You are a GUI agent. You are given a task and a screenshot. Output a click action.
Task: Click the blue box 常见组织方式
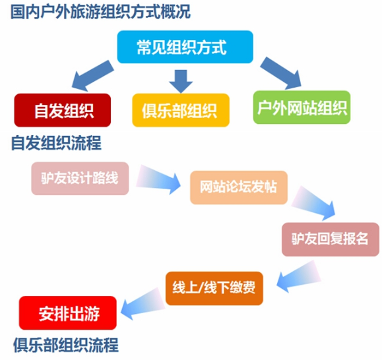click(185, 47)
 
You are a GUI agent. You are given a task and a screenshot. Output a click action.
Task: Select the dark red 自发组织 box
click(63, 110)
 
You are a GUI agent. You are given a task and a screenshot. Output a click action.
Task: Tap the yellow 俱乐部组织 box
click(181, 110)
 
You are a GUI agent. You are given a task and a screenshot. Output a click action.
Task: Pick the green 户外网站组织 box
click(302, 107)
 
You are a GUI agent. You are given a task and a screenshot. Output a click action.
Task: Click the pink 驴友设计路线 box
click(80, 179)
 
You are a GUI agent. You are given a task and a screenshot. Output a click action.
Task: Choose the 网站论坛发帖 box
click(239, 187)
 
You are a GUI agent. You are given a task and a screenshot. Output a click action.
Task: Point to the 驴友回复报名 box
click(331, 239)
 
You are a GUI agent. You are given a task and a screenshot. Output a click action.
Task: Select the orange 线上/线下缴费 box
click(214, 288)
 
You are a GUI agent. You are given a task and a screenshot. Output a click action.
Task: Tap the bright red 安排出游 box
click(68, 313)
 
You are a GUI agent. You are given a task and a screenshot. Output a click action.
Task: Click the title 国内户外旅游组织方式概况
click(100, 11)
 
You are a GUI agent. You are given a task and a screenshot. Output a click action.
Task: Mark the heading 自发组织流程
click(56, 143)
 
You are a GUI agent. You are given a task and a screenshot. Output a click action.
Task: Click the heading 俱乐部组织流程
click(66, 345)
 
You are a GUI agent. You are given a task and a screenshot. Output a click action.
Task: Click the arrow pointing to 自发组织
click(93, 75)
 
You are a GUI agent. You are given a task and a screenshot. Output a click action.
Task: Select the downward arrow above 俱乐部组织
click(181, 81)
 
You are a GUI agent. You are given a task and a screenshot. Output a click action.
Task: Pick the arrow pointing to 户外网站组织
click(280, 73)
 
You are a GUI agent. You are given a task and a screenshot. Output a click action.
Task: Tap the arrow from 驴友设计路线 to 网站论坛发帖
click(158, 180)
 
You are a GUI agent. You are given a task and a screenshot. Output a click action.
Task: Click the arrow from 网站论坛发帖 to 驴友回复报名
click(313, 203)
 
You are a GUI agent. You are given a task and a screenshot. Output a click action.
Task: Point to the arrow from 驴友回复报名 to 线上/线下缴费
click(299, 277)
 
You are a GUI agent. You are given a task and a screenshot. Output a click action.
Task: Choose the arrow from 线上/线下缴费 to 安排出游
click(143, 304)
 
